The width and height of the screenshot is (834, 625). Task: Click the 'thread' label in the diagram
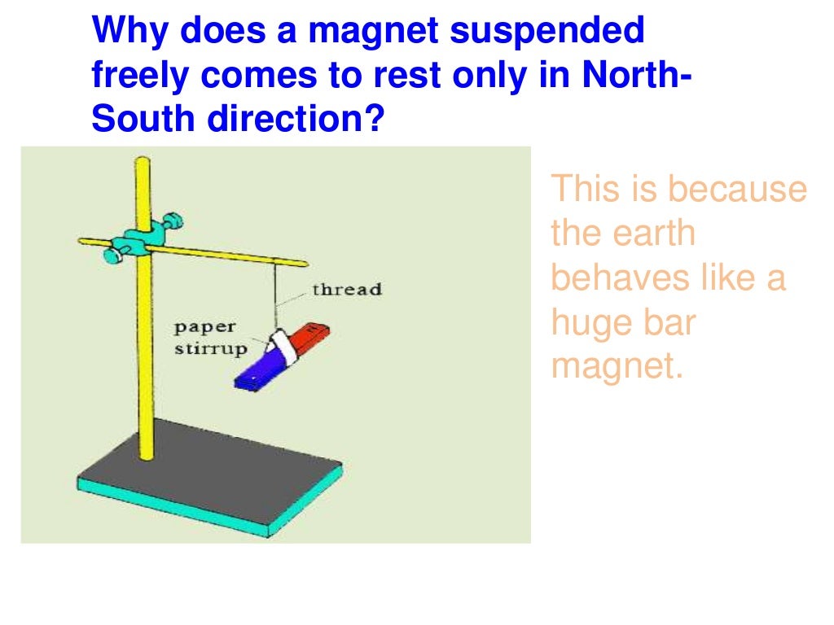click(347, 290)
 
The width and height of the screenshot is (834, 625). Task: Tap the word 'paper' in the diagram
click(204, 327)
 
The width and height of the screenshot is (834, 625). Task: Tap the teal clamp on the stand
click(133, 242)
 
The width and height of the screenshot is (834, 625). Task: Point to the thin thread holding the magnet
click(276, 293)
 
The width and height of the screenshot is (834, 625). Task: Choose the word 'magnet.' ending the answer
click(616, 366)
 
